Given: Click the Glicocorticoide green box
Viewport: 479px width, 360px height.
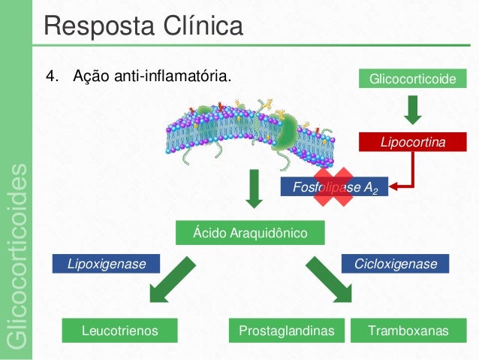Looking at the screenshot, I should click(412, 78).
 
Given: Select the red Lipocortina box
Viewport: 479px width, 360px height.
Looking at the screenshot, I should click(412, 141).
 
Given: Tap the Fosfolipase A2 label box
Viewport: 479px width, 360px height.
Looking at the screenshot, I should click(334, 187).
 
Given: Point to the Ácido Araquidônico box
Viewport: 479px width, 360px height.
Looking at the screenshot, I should click(250, 233).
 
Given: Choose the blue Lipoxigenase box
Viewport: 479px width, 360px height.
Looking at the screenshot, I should click(108, 264).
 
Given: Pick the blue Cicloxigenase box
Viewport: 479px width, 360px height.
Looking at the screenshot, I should click(395, 264).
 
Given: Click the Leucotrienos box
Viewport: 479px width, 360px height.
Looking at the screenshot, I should click(119, 330).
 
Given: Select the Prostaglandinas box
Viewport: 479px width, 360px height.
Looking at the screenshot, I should click(286, 330).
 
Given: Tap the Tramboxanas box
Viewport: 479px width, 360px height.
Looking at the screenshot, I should click(409, 330).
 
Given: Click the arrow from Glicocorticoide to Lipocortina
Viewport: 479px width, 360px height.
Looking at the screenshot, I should click(412, 110).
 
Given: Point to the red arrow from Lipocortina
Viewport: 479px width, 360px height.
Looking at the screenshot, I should click(403, 175).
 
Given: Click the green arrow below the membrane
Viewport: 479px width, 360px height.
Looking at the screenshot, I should click(255, 189).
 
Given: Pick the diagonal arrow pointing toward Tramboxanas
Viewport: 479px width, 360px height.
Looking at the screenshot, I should click(328, 280).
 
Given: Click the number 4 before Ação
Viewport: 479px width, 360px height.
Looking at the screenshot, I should click(50, 77).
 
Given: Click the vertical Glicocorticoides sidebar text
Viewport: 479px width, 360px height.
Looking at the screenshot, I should click(17, 256).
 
